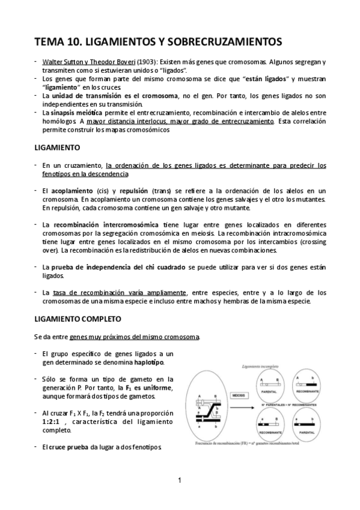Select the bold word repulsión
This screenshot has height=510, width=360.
point(133,191)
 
